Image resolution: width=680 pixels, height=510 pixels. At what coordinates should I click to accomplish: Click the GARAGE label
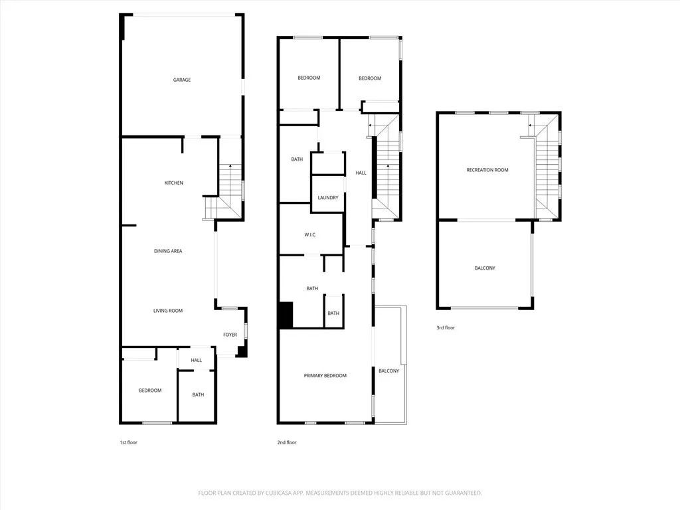(182, 80)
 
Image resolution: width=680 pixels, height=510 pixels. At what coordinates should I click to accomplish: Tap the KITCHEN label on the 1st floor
(174, 183)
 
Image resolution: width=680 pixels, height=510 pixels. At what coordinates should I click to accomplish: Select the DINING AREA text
(168, 251)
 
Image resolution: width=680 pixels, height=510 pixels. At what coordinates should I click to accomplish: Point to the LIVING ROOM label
(168, 311)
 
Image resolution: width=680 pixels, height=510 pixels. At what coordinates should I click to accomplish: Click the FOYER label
(230, 335)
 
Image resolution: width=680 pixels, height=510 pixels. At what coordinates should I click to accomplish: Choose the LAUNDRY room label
(328, 198)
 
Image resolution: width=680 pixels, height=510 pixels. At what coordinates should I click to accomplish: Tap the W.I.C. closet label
(311, 234)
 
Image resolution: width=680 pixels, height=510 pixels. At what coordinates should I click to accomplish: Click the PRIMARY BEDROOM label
(325, 376)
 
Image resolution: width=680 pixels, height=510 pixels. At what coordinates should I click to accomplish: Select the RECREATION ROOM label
(487, 170)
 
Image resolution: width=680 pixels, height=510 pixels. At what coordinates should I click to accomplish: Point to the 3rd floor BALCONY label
(485, 268)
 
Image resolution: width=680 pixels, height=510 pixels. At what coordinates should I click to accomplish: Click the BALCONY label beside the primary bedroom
(389, 371)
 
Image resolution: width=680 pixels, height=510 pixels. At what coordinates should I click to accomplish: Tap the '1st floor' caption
(128, 442)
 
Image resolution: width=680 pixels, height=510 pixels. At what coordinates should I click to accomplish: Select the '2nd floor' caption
(287, 442)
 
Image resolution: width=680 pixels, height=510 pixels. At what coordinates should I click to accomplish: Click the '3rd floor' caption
(446, 327)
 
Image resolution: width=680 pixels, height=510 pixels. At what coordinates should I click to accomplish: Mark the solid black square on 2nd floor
(285, 315)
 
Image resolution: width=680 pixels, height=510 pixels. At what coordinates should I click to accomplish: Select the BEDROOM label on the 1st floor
(150, 390)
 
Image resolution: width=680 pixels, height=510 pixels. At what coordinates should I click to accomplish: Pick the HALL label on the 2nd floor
(361, 173)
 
